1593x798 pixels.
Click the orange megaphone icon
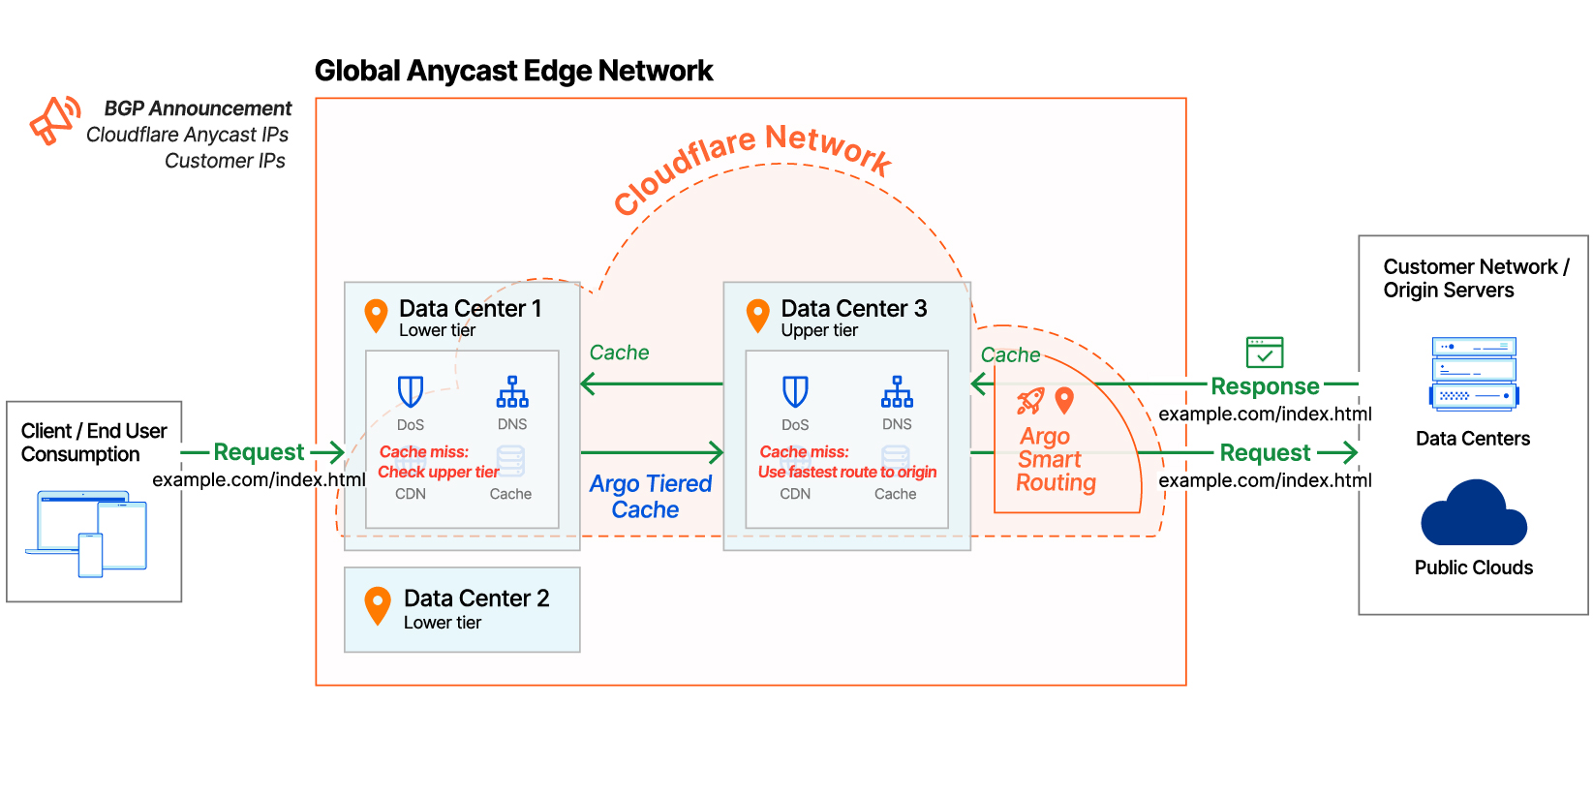click(x=54, y=121)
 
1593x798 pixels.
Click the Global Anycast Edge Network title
click(x=513, y=71)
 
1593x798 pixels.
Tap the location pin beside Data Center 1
click(x=376, y=315)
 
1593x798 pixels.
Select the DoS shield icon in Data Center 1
click(x=411, y=391)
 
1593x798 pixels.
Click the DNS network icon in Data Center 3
click(x=897, y=391)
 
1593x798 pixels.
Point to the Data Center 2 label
click(x=475, y=598)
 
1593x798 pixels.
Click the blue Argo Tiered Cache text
click(x=650, y=496)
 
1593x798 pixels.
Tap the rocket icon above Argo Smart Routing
click(x=1029, y=400)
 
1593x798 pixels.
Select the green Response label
click(x=1264, y=386)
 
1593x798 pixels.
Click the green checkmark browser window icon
click(x=1264, y=352)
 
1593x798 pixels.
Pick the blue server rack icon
click(x=1473, y=374)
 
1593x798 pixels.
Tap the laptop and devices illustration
click(x=88, y=534)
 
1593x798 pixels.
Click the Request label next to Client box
click(x=259, y=452)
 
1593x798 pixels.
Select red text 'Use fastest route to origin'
click(x=847, y=472)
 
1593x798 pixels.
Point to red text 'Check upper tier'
click(x=438, y=472)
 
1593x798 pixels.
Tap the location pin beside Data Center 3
click(x=758, y=315)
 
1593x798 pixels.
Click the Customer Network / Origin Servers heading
click(x=1475, y=278)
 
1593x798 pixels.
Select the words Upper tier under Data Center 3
click(x=819, y=330)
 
